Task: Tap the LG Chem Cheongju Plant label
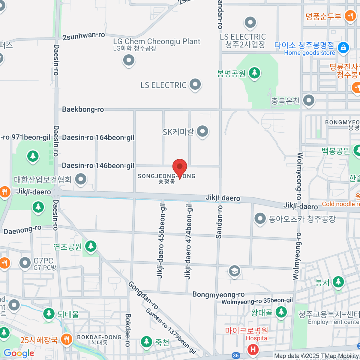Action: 156,41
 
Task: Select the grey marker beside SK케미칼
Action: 203,131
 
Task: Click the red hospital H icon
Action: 253,349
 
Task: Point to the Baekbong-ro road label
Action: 83,109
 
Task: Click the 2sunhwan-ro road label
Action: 84,36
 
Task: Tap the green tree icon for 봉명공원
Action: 255,73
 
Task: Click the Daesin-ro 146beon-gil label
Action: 98,166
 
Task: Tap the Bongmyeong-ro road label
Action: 218,294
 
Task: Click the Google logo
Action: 19,353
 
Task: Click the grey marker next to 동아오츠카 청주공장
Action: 260,219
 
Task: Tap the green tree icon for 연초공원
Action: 91,246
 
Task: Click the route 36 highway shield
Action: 236,355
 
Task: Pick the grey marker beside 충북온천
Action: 308,100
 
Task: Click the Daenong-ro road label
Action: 22,230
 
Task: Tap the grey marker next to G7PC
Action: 25,263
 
